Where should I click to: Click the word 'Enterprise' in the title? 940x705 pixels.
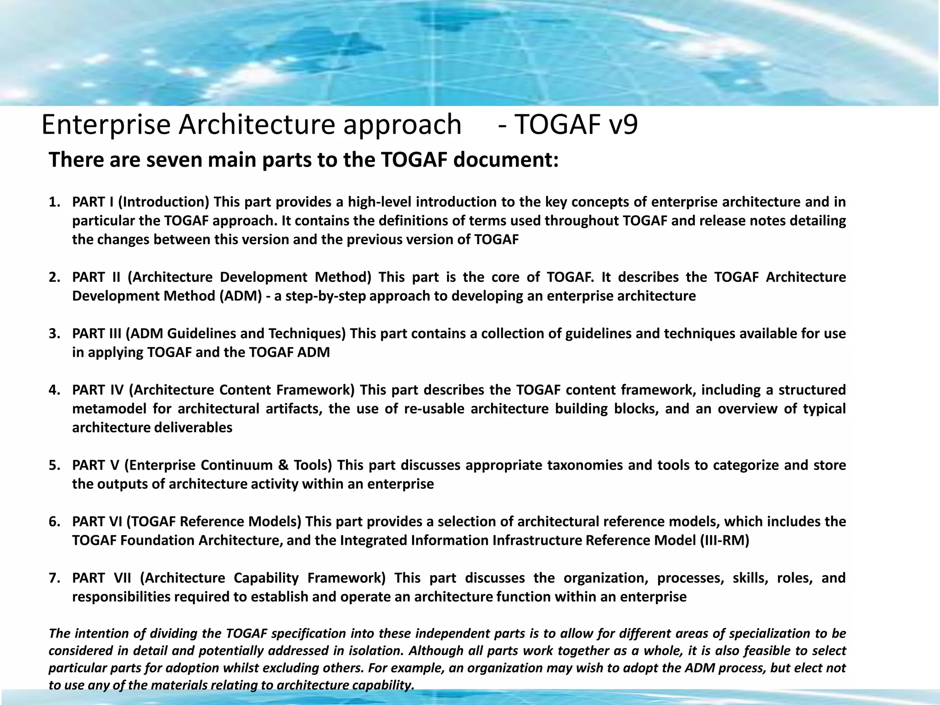[106, 125]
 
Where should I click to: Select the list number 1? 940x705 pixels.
[54, 202]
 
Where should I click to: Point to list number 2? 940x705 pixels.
[54, 278]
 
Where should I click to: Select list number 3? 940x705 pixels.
[54, 334]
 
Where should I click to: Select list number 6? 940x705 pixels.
[54, 522]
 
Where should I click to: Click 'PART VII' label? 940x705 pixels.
[101, 578]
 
